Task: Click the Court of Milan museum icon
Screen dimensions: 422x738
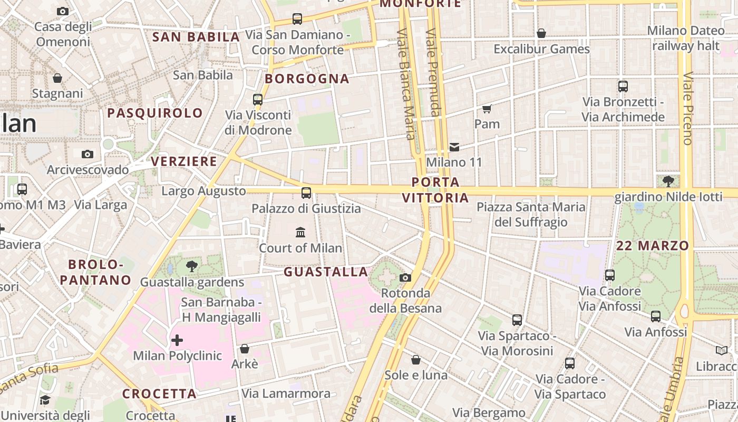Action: [300, 232]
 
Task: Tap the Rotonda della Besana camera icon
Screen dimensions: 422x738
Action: [405, 277]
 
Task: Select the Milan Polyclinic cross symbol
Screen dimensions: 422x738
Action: [177, 340]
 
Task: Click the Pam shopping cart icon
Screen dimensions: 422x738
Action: [487, 109]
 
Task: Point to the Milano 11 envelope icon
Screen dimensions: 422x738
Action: [454, 147]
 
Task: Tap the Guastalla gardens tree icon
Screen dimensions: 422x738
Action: [192, 266]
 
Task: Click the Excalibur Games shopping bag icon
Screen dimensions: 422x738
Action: [541, 34]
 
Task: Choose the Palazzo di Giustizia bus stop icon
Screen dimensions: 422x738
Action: [306, 193]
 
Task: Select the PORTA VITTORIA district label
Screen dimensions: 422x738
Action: [435, 190]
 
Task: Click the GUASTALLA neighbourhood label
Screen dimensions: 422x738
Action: [326, 272]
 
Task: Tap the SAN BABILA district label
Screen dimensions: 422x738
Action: [196, 37]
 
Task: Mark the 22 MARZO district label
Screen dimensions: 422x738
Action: [653, 245]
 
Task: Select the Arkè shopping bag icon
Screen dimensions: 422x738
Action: [244, 349]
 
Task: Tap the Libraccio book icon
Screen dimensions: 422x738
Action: [721, 350]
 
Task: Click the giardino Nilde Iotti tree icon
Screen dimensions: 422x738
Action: [668, 181]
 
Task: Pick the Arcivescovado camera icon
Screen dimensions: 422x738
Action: [88, 154]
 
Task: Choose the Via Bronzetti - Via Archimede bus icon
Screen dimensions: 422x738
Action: [623, 87]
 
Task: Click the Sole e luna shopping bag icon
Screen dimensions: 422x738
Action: [416, 360]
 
